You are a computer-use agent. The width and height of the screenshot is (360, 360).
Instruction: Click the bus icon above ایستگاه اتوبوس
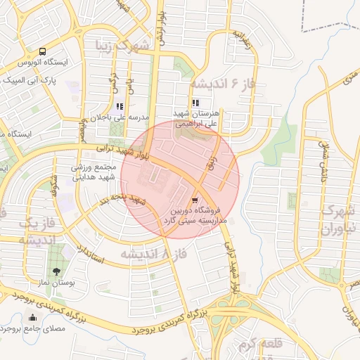point(43,51)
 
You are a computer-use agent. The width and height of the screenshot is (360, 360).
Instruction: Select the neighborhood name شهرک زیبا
point(123,46)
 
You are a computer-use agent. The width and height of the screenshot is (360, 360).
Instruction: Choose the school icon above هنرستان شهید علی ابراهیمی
point(196,103)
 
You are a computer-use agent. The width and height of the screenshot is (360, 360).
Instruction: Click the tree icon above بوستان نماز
point(56,271)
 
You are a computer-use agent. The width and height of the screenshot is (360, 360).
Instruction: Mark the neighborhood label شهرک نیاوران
point(339,219)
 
